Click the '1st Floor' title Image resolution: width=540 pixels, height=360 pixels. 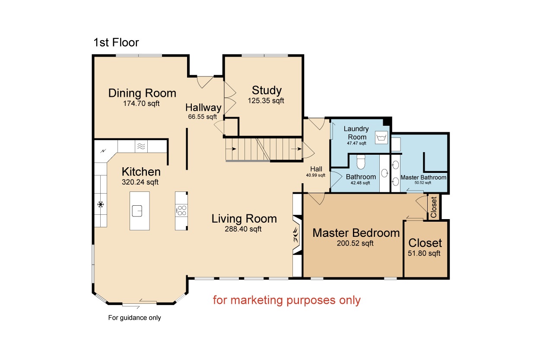point(116,43)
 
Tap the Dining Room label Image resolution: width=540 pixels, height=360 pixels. point(142,93)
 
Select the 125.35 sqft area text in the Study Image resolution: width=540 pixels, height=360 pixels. point(266,101)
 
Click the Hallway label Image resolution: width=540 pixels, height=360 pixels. point(203,108)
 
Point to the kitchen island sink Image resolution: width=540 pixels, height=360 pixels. point(137,211)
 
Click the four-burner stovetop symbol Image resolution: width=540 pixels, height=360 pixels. point(182,210)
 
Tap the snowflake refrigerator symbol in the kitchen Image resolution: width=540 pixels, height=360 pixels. point(101,204)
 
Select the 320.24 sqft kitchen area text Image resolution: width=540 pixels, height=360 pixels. point(140,182)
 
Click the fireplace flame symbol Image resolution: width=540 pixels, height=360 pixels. point(296,235)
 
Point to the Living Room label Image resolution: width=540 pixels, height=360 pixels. point(244,219)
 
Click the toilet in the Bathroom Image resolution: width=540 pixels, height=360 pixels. point(361,162)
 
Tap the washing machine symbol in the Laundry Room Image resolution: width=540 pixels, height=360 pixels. point(381,138)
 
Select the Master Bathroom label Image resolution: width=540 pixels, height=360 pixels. point(423,178)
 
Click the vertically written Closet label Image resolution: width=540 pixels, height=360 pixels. point(433,207)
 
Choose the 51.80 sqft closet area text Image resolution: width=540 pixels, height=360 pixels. point(424,253)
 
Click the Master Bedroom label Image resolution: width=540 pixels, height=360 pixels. point(356,233)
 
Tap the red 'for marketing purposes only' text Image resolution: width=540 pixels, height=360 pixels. point(287,300)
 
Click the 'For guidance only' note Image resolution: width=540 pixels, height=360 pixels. point(134,318)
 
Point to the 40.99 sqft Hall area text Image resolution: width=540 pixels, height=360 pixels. point(315,175)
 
